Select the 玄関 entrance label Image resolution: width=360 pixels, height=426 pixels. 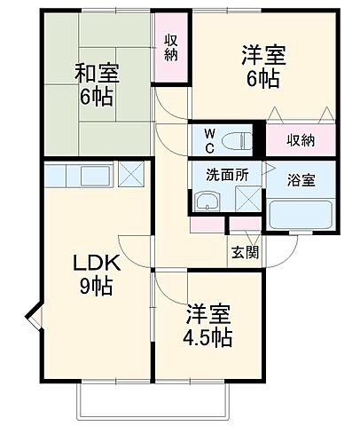click(x=247, y=251)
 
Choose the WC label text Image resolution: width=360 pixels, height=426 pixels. click(x=210, y=140)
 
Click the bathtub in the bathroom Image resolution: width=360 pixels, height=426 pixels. click(x=301, y=215)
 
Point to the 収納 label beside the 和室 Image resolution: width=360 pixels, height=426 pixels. click(x=171, y=48)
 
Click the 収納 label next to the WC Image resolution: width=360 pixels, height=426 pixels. click(x=301, y=140)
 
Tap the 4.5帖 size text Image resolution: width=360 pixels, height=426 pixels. click(x=209, y=337)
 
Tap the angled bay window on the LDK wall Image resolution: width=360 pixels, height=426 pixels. click(x=32, y=316)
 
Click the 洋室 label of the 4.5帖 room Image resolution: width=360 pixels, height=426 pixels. click(x=209, y=313)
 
